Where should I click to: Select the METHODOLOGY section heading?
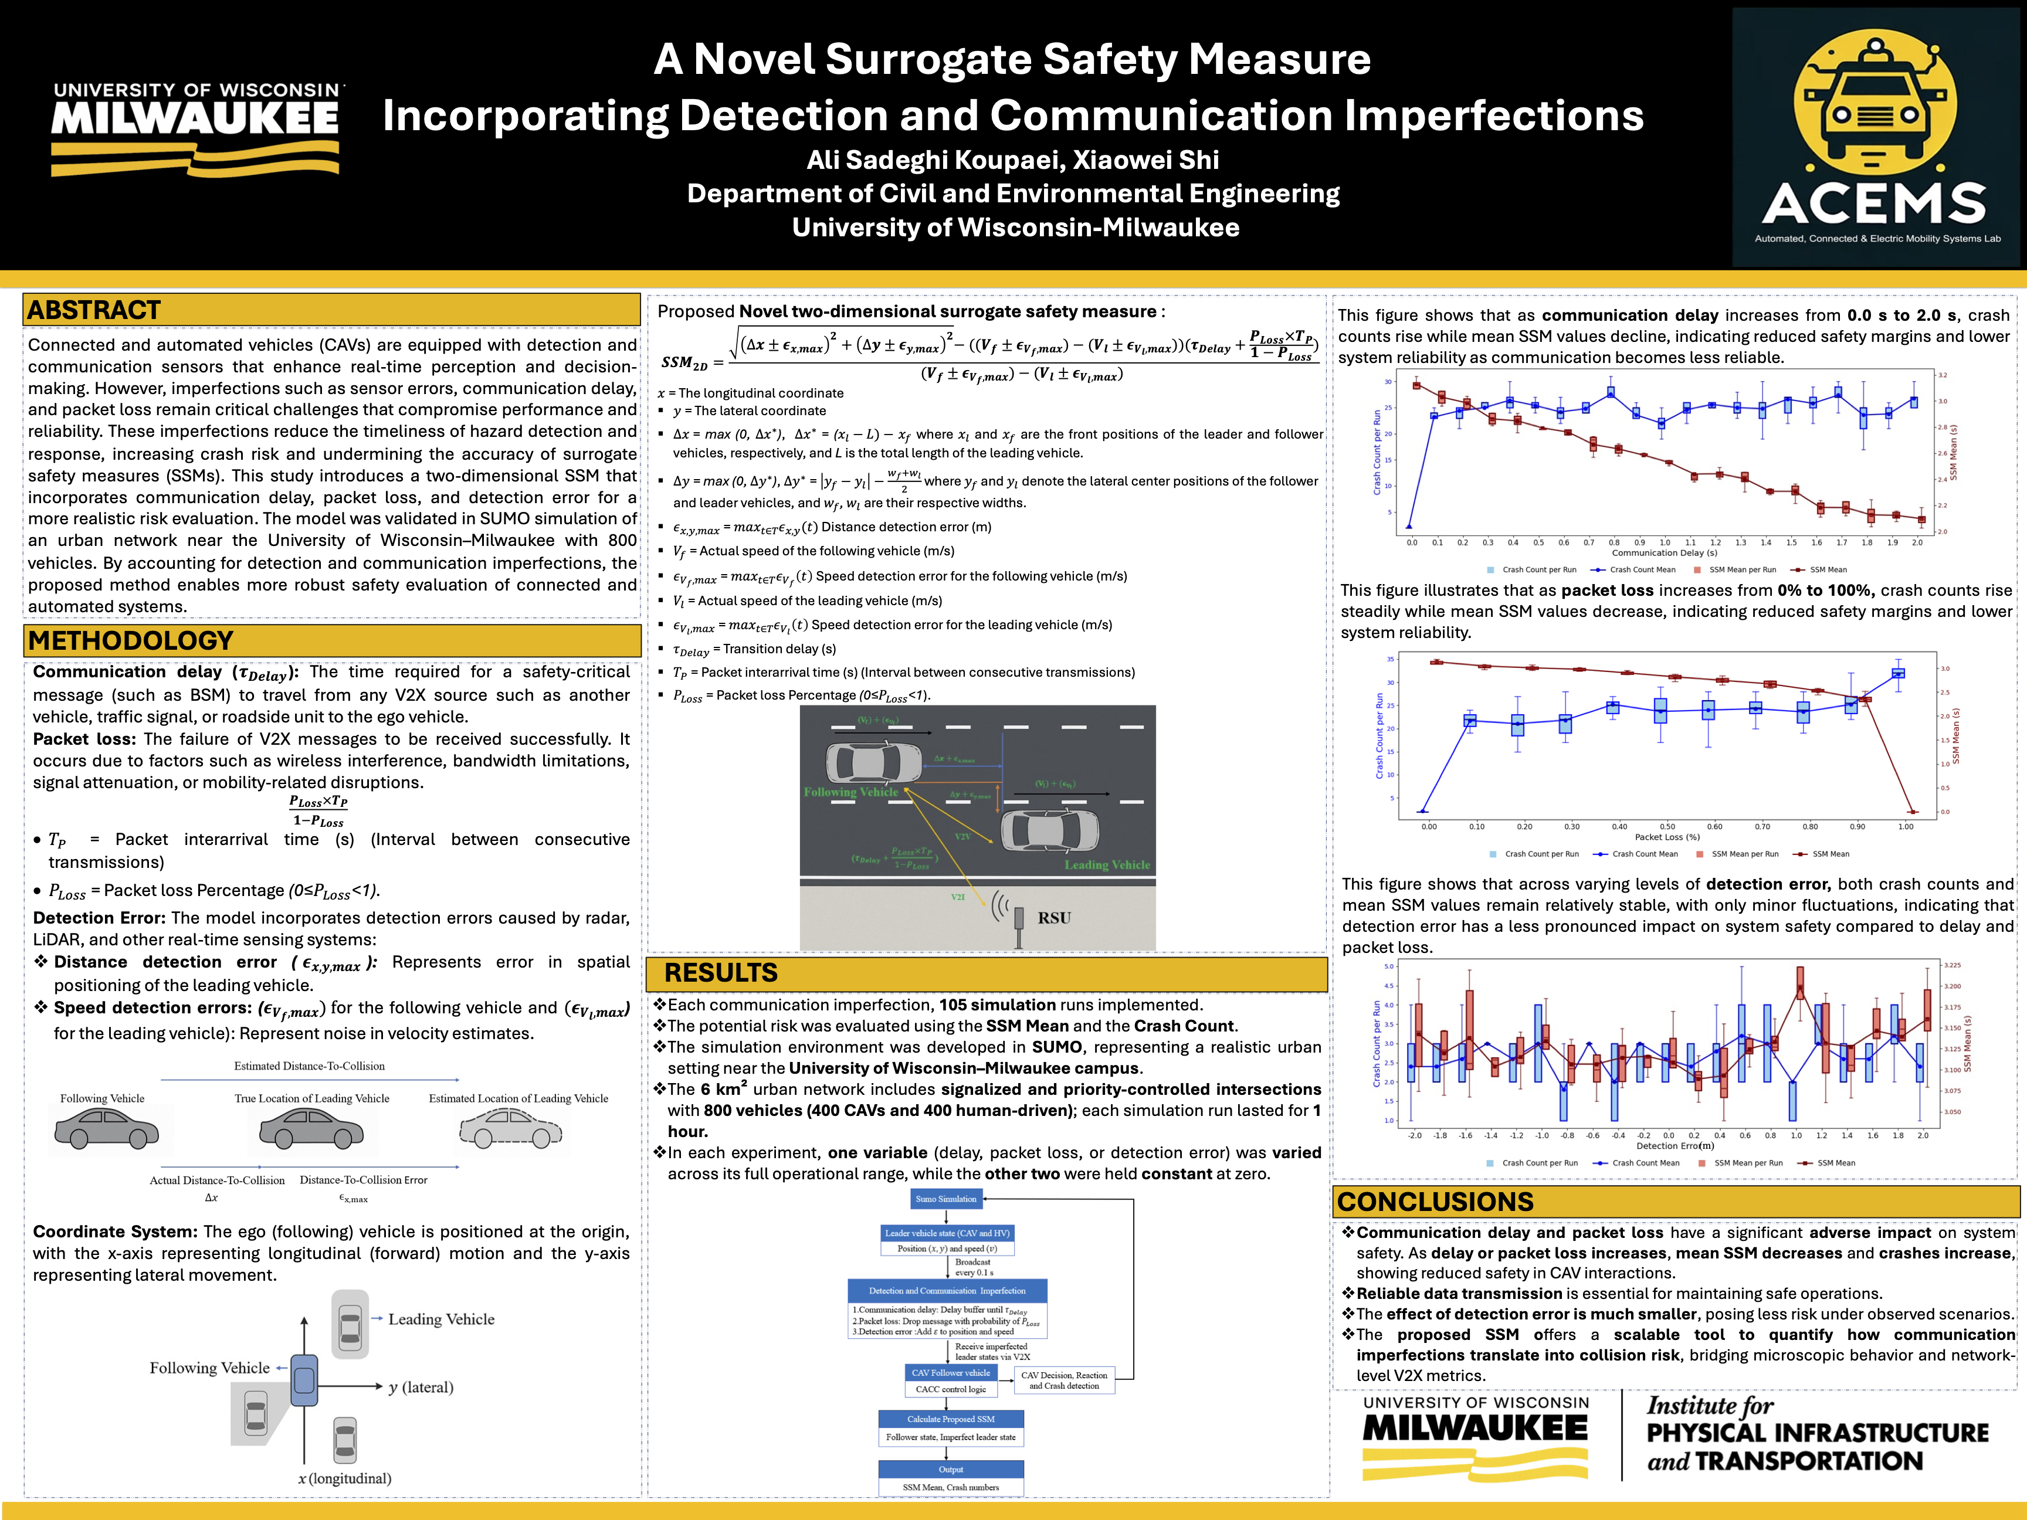131,640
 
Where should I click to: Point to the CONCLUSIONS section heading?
1435,1201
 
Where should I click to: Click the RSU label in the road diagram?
1054,917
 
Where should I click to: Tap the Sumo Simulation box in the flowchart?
945,1199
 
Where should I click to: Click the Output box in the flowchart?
950,1470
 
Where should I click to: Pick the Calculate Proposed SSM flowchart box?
950,1419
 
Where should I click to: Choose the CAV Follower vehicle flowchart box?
950,1372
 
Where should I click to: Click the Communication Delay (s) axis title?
1664,552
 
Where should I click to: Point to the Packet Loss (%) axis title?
1667,836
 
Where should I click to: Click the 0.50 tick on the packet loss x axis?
1667,826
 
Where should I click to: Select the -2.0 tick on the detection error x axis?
1415,1135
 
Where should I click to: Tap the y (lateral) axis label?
421,1387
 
